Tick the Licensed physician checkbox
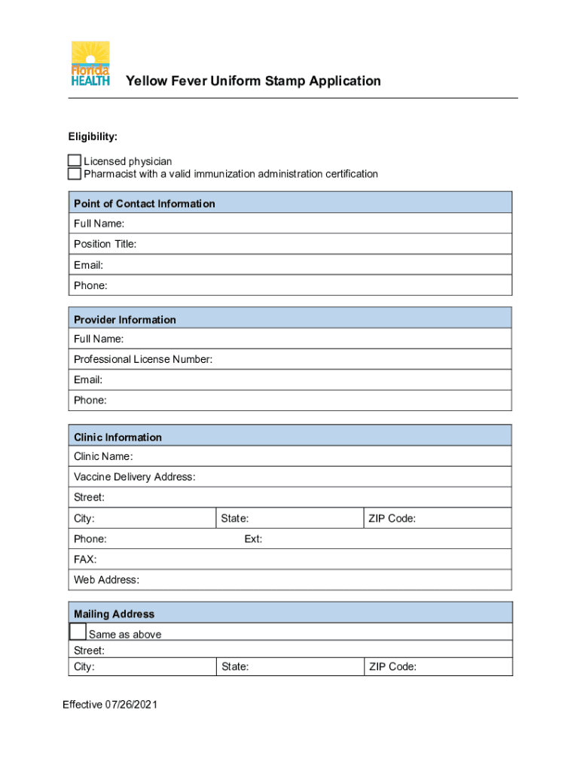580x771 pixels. tap(74, 161)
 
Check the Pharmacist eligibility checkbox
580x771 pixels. tap(74, 174)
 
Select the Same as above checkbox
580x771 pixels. tap(78, 632)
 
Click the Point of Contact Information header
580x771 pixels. tap(144, 203)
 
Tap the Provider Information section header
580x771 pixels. tap(124, 319)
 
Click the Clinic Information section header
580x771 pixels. tap(118, 437)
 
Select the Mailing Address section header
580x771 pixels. tap(114, 614)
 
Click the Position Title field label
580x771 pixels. tap(105, 244)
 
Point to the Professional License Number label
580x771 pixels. tap(143, 359)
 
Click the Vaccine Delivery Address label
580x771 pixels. tap(134, 477)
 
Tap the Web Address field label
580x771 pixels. tap(106, 580)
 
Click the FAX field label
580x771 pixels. tap(85, 559)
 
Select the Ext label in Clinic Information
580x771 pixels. tap(253, 539)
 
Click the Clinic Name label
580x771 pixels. tap(103, 456)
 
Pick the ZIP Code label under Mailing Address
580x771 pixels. tap(392, 666)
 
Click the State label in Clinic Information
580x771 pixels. tap(234, 518)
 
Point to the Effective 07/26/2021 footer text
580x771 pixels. tap(110, 705)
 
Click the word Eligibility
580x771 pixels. tap(93, 137)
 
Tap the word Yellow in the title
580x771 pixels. tap(145, 81)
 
